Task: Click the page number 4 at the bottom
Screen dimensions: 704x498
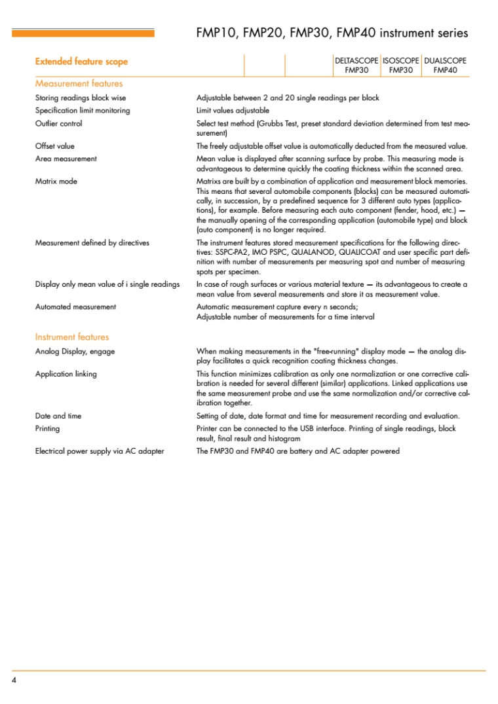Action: tap(14, 680)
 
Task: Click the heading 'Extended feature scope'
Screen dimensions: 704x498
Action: tap(81, 62)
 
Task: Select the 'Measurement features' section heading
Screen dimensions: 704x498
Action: tap(79, 83)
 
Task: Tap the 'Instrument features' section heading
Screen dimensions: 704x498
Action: tap(72, 337)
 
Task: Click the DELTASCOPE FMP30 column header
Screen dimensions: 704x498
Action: tap(356, 65)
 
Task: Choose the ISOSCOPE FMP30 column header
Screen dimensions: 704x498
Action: tap(400, 65)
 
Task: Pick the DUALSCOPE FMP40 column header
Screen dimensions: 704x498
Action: tap(446, 65)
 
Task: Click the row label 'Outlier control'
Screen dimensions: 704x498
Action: tap(58, 123)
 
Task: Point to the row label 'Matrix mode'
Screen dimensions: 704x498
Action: tap(56, 181)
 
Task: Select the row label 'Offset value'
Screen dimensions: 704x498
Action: tap(55, 146)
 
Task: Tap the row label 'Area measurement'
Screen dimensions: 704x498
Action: tap(66, 158)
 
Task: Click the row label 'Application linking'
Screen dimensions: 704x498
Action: tap(66, 374)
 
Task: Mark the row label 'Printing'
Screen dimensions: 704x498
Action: tap(47, 428)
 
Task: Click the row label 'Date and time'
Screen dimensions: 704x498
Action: tap(58, 416)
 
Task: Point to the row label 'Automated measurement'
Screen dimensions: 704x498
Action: tap(75, 306)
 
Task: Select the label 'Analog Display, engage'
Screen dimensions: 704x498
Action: tap(75, 352)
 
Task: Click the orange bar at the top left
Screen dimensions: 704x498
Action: tap(83, 33)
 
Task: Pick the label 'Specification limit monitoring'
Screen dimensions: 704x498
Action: tap(83, 111)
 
